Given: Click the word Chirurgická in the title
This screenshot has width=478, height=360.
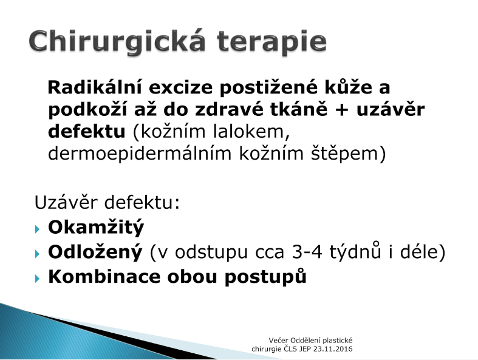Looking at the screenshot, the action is [117, 42].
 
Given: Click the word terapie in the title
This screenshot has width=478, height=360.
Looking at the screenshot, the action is [272, 42].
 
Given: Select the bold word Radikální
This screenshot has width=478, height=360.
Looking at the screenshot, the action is [95, 87].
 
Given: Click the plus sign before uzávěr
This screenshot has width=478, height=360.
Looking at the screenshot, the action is [341, 110].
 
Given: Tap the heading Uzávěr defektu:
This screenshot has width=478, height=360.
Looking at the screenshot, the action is [107, 202].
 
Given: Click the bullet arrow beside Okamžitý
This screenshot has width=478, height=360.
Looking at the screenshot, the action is [38, 229].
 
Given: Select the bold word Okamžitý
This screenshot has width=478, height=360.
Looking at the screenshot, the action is [96, 228].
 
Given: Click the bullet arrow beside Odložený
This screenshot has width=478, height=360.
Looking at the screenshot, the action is [38, 253].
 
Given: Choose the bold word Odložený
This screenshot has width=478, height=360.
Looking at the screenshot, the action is [95, 252].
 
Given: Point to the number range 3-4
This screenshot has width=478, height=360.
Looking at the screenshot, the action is [307, 252].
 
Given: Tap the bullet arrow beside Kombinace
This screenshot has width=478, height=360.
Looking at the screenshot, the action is [38, 278].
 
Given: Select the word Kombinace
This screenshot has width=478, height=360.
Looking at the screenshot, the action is [104, 277].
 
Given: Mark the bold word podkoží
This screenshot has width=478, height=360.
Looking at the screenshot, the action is [87, 110].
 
